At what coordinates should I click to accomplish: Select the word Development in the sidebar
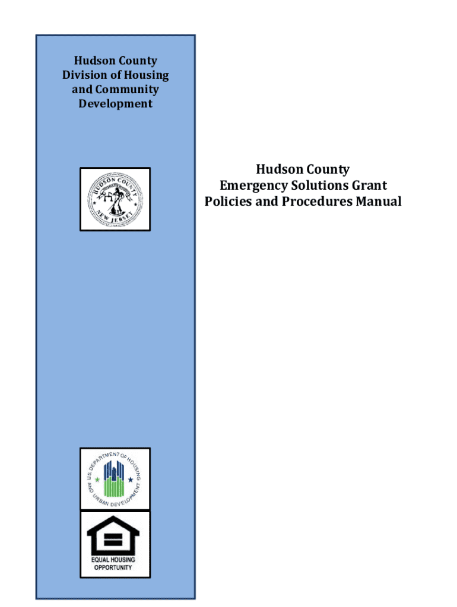(115, 104)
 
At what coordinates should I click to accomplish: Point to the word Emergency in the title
(248, 186)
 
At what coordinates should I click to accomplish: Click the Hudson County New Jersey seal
(115, 199)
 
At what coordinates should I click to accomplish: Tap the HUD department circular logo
(115, 479)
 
